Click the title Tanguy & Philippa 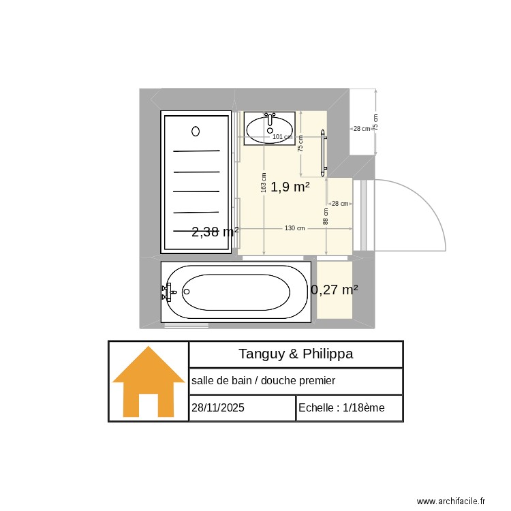[295, 354]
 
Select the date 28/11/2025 [218, 407]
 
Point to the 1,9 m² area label [290, 187]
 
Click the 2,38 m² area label [215, 232]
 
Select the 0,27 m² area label [335, 290]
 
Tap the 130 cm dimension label [294, 228]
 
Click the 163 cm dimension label [264, 182]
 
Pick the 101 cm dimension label [281, 137]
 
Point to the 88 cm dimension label [326, 217]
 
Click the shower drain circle [196, 131]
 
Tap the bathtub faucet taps [166, 292]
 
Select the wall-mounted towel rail [324, 151]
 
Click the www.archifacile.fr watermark [450, 501]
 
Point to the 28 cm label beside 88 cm [339, 204]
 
